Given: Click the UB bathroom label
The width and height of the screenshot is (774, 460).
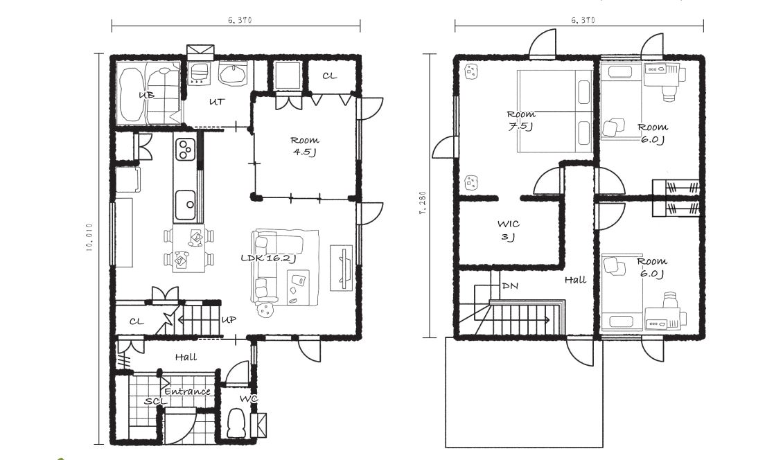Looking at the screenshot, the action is (147, 95).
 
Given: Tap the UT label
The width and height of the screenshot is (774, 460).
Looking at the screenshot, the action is (217, 102).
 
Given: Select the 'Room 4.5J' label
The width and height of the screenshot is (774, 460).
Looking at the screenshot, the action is (305, 146).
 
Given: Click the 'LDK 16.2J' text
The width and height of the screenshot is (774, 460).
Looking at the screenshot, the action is (268, 258).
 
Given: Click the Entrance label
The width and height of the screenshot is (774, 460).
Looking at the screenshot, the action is (188, 391).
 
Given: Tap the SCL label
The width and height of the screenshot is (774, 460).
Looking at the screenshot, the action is (155, 401).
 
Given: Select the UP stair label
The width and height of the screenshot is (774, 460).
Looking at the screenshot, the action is (229, 320).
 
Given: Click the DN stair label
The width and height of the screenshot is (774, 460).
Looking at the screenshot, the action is (510, 286).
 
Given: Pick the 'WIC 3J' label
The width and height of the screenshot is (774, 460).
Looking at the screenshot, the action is (509, 231).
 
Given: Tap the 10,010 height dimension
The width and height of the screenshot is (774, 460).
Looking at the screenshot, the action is (90, 238).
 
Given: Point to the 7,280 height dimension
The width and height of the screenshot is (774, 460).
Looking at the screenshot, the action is (423, 203).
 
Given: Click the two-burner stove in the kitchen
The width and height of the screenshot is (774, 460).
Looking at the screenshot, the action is (186, 150).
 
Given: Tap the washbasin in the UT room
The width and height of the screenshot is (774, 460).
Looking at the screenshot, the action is (233, 74).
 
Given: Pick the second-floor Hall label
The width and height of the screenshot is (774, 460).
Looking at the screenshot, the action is (576, 280).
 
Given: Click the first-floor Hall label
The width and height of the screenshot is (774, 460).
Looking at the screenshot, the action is (186, 357).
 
